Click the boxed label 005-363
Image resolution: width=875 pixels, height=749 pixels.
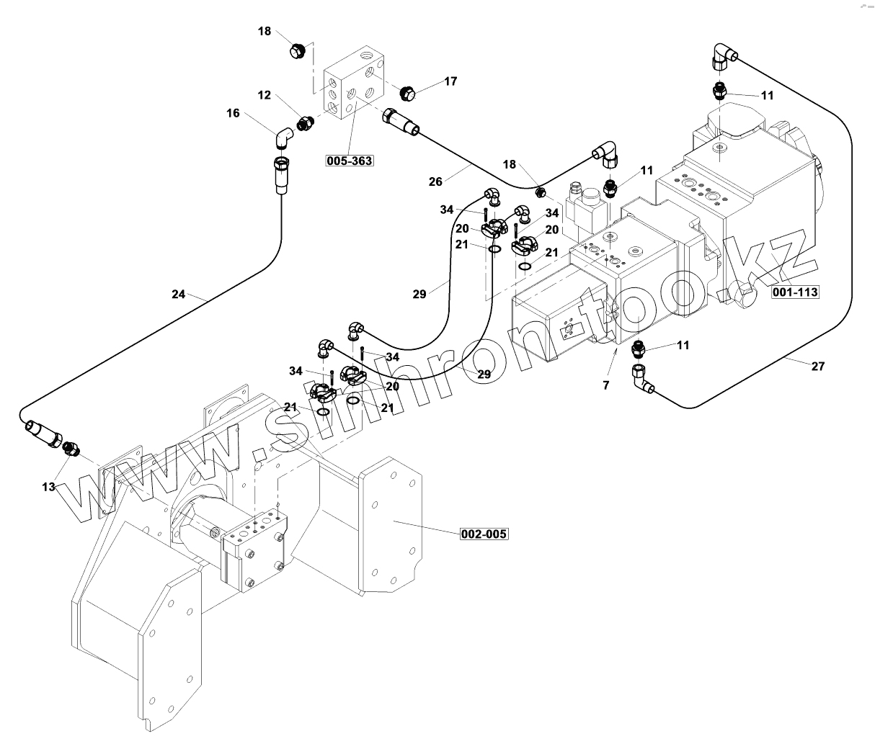coord(350,161)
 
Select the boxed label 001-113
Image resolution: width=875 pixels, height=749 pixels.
coord(795,292)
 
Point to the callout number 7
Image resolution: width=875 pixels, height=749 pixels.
coord(606,385)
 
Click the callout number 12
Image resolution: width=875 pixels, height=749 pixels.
coord(265,95)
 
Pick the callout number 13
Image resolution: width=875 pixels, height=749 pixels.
coord(48,487)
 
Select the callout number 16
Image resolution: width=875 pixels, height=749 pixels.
coord(233,112)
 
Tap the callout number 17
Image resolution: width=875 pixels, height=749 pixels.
coord(450,81)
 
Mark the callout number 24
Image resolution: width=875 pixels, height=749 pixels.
coord(179,294)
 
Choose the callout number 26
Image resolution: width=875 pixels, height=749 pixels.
coord(435,181)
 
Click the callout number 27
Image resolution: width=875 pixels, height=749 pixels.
coord(817,366)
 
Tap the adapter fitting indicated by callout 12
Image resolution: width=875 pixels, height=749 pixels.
coord(305,123)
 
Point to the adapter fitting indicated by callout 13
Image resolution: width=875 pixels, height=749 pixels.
coord(71,448)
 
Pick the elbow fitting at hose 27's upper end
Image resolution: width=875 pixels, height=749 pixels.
coord(723,55)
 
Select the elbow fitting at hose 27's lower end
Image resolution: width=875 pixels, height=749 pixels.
coord(641,380)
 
